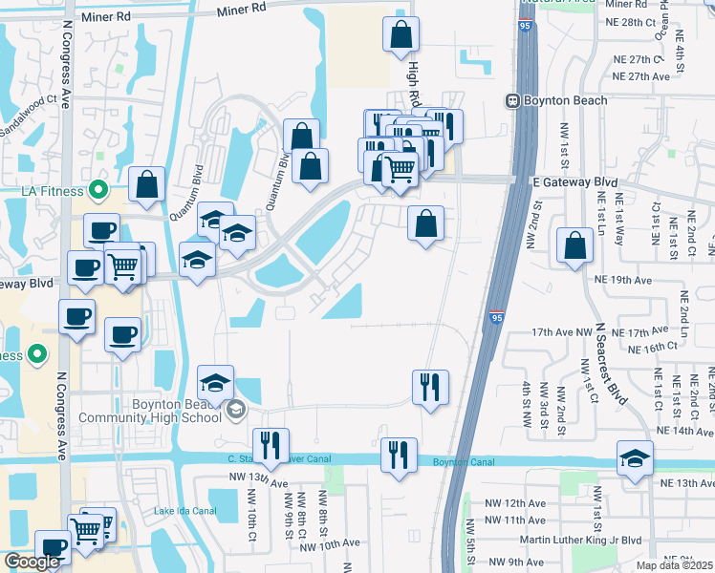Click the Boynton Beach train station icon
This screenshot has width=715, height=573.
[x=513, y=100]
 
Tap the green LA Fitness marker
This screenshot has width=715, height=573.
[x=97, y=190]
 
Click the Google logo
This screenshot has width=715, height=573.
[x=32, y=562]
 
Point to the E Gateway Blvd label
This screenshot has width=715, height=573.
[x=568, y=181]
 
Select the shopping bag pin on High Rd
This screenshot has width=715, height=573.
[x=401, y=33]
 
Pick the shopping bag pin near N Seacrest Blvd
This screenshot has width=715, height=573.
[x=574, y=244]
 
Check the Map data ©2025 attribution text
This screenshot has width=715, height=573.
[x=674, y=565]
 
